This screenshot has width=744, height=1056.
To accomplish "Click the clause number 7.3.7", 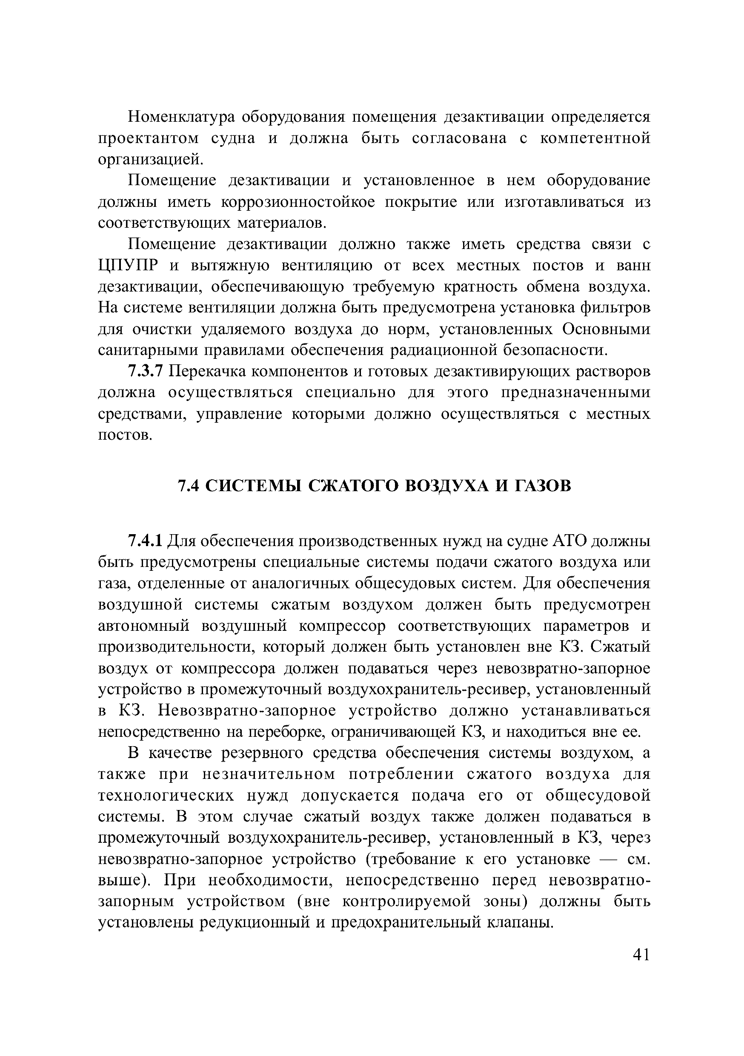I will tap(145, 372).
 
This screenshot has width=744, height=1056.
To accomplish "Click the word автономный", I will tap(144, 626).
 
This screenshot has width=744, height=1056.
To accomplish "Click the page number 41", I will tap(641, 955).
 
